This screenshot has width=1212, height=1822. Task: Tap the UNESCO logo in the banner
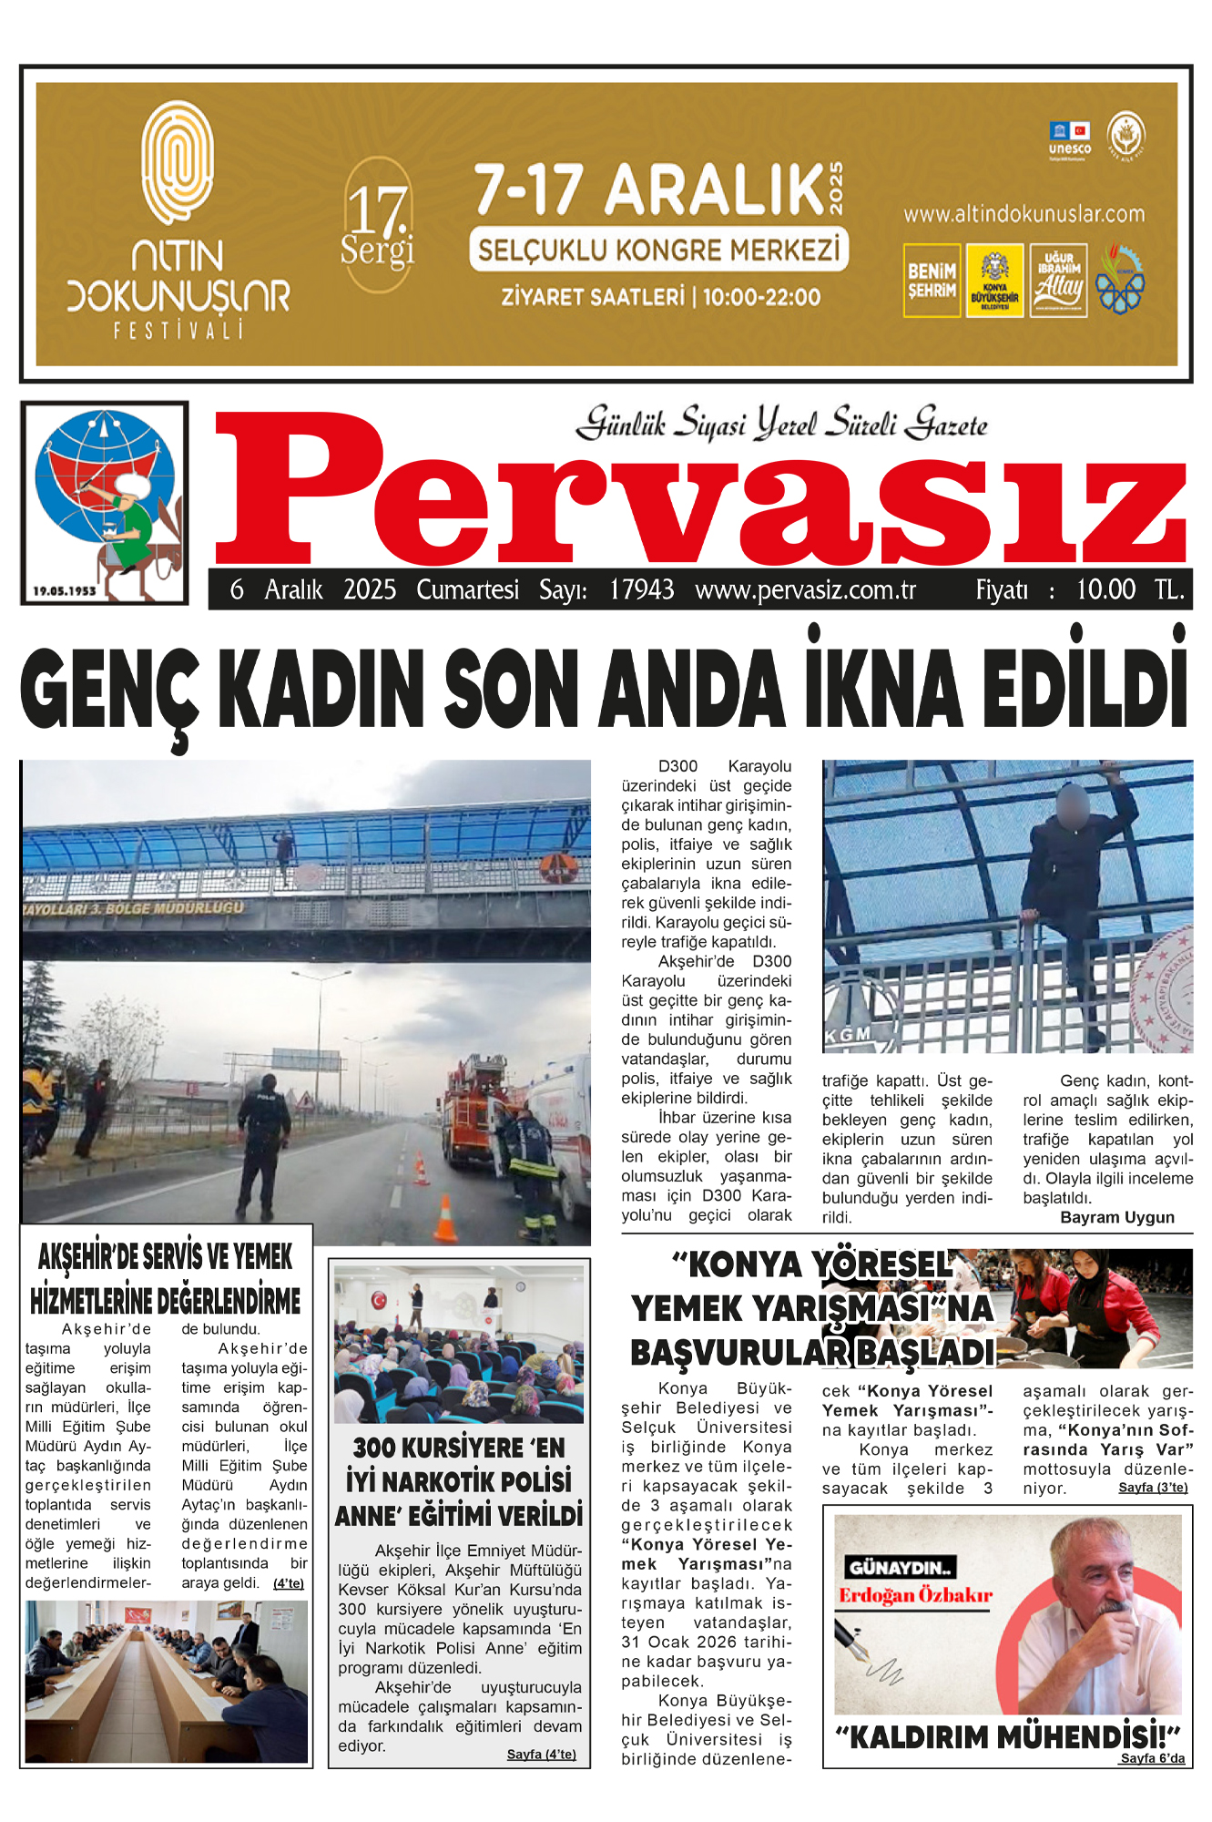(1069, 138)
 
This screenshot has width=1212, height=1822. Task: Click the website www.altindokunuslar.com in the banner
(1024, 214)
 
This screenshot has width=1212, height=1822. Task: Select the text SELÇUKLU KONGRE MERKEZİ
(658, 251)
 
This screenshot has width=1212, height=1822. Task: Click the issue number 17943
(642, 590)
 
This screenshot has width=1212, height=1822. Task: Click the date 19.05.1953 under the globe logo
(65, 591)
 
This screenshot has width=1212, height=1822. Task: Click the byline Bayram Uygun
(1117, 1217)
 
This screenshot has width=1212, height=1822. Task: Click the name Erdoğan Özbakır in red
(915, 1594)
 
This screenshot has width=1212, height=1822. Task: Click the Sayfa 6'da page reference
(1153, 1758)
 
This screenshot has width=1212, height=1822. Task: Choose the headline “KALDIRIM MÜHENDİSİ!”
(1008, 1736)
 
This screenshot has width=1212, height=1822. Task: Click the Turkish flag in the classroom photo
(379, 1299)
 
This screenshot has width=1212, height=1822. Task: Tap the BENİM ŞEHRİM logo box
(932, 281)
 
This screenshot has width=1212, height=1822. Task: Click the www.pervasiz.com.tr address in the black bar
(805, 590)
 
